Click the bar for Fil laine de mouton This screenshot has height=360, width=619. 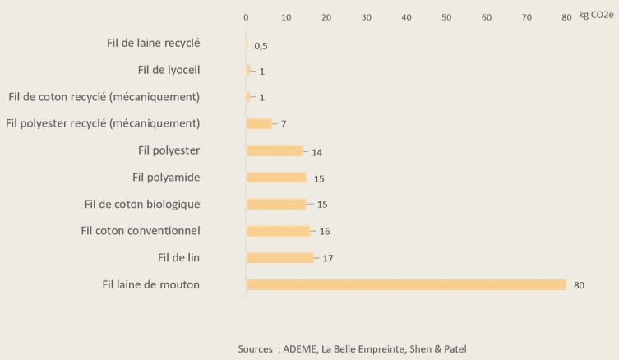406,284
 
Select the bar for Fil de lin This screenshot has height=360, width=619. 279,258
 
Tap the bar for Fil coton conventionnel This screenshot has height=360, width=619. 278,231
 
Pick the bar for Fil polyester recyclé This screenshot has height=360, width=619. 259,123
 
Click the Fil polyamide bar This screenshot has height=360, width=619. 276,178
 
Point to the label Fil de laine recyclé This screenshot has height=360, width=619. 154,43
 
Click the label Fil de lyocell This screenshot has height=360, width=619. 168,70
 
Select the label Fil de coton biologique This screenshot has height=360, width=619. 142,204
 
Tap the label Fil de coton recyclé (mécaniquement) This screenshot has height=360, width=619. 104,97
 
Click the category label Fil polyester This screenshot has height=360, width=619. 170,150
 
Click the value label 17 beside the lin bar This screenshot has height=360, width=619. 326,259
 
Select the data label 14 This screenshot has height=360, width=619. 317,151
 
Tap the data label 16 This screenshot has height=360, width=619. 325,232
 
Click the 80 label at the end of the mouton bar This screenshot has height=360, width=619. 579,286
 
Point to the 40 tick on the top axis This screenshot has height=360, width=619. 406,17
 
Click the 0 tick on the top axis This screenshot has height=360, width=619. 246,17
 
